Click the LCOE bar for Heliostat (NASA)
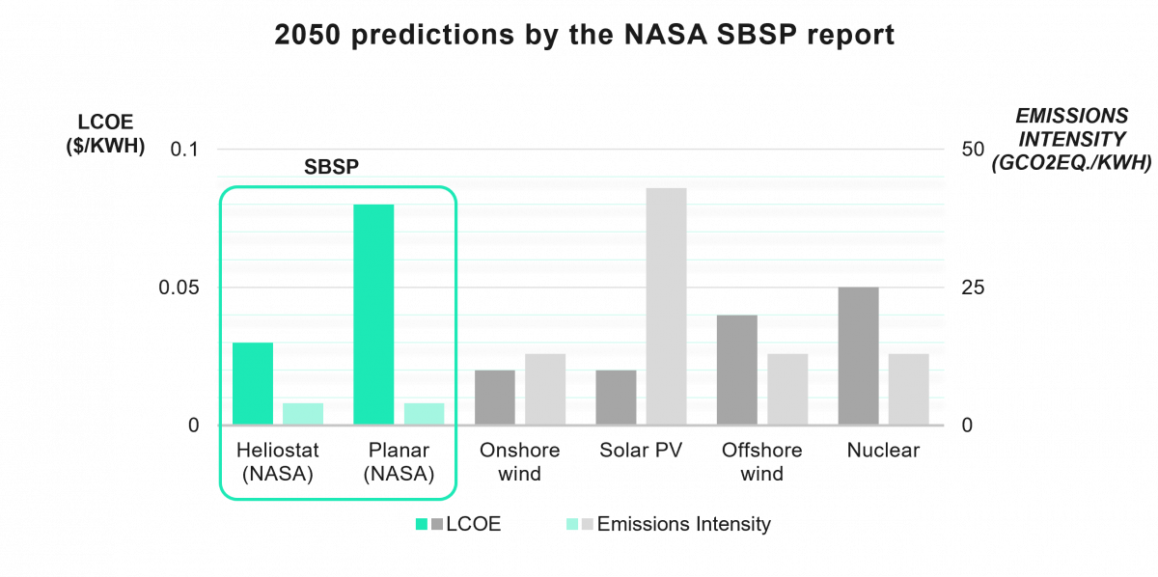(252, 384)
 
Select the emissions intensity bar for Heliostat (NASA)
(303, 414)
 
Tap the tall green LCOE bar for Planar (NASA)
(373, 315)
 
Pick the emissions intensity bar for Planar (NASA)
(424, 414)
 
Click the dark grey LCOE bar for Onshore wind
(494, 398)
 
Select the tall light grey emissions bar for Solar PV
(666, 306)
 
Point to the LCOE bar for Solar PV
(616, 398)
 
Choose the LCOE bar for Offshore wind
(736, 371)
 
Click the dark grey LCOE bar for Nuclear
(858, 356)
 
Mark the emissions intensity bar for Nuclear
(908, 389)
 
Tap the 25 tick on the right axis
(974, 288)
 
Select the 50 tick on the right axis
(974, 150)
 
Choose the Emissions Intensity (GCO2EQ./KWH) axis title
(1070, 140)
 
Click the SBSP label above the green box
(331, 166)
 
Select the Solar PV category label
(641, 451)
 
